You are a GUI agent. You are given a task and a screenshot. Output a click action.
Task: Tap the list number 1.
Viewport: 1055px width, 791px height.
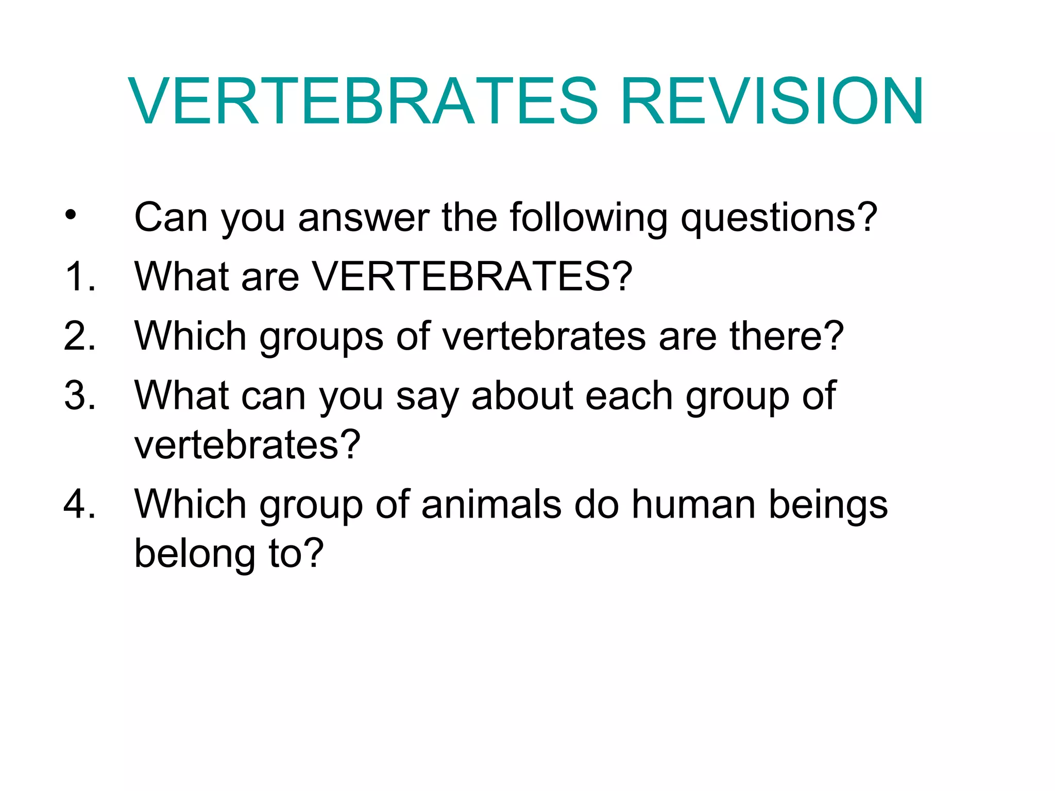click(x=80, y=277)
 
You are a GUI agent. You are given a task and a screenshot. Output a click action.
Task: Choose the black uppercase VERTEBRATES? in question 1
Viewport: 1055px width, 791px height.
click(x=472, y=277)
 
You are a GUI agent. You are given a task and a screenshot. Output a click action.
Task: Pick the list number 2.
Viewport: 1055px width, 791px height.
click(x=80, y=336)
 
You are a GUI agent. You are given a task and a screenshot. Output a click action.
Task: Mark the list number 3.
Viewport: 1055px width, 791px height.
click(x=80, y=395)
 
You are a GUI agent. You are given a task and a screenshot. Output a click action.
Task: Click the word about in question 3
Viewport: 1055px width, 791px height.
click(x=521, y=395)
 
